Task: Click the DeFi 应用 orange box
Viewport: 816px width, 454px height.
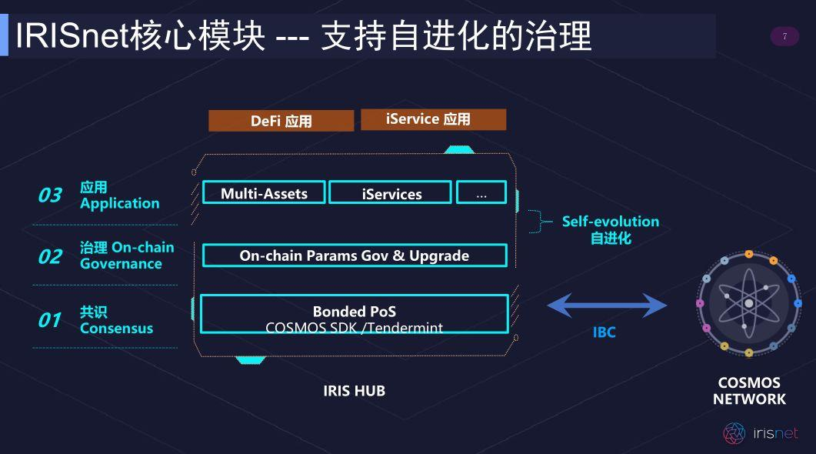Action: tap(281, 121)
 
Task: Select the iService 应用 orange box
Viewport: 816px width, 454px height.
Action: tap(433, 119)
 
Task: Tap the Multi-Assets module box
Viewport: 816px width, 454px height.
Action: tap(264, 192)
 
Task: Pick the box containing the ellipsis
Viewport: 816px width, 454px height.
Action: tap(481, 192)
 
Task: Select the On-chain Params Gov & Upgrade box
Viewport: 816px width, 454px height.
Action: tap(355, 255)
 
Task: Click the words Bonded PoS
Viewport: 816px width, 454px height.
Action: tap(354, 312)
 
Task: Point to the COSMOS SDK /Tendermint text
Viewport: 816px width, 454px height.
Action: tap(354, 328)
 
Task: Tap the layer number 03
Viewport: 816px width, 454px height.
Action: tap(50, 195)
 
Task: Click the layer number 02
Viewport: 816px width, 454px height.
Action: tap(50, 256)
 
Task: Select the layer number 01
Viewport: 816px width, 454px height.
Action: tap(50, 320)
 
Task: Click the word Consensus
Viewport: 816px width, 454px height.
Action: tap(116, 329)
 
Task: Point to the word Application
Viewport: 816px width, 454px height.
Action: tap(119, 204)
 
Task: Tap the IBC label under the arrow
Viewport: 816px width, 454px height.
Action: tap(604, 332)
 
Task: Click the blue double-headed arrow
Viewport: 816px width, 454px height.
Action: tap(606, 306)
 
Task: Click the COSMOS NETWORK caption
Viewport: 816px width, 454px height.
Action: tap(749, 391)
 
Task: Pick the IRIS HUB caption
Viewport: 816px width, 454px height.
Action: tap(354, 391)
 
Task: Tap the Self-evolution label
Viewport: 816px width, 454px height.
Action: tap(610, 222)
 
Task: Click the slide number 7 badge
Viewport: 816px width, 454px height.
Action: tap(784, 36)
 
